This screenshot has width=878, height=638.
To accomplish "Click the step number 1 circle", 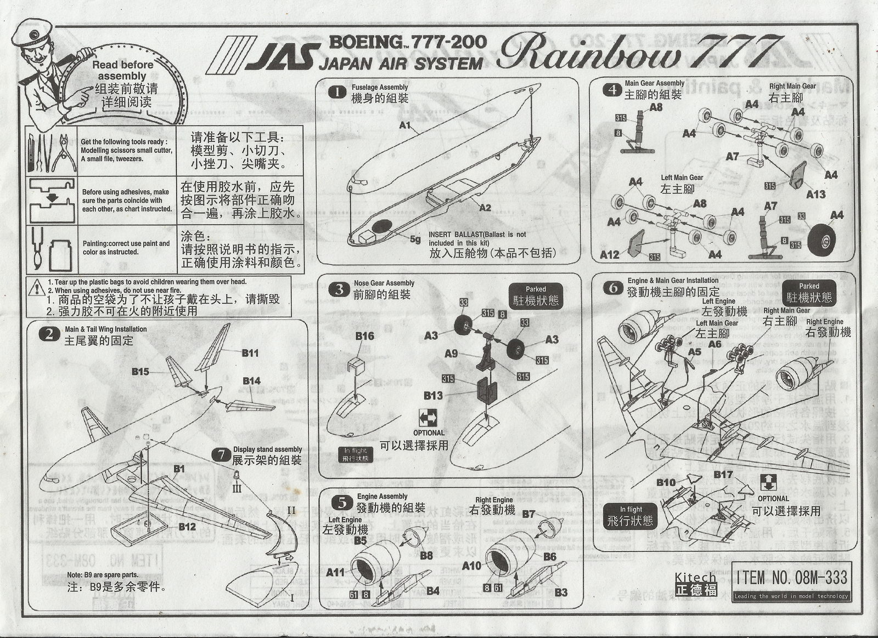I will [337, 93].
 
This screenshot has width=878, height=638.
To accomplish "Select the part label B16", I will [364, 336].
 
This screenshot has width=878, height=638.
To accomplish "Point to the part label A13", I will [815, 194].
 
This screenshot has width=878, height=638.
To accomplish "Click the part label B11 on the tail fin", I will [250, 354].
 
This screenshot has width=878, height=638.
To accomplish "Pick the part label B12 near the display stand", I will [187, 527].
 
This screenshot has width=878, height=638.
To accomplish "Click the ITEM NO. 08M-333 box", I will [791, 577].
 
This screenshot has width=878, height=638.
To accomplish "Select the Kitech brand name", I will [695, 578].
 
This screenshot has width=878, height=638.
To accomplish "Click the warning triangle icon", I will [37, 286].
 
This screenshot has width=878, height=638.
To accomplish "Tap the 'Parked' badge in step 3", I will [536, 295].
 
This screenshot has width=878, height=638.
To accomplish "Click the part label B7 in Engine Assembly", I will [528, 514].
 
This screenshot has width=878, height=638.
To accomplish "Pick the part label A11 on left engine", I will [335, 572].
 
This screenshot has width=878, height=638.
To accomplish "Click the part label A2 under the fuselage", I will [485, 208].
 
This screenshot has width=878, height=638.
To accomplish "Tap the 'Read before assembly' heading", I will [122, 70].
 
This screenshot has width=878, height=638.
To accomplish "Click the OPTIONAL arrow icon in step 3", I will [427, 419].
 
